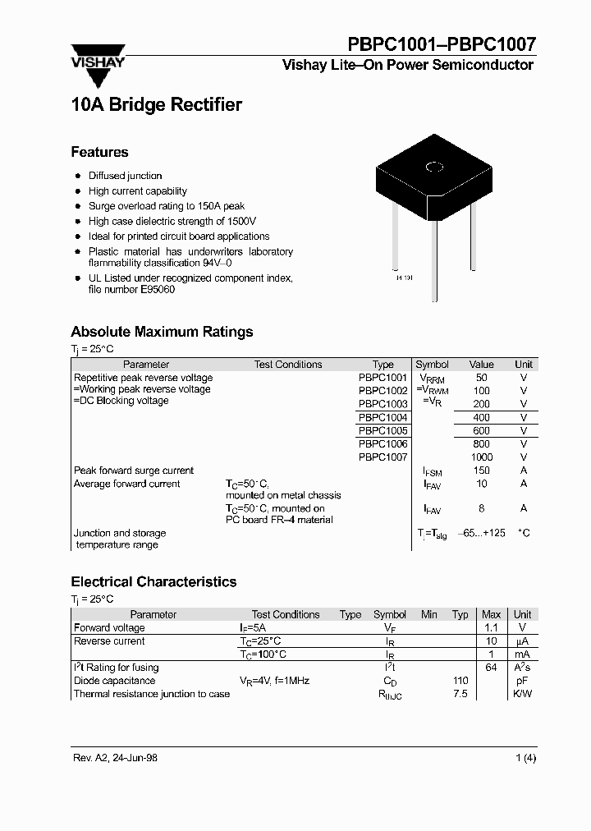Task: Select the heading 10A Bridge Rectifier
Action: [x=156, y=105]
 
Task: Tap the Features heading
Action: [x=99, y=152]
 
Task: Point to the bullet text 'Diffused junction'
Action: [x=125, y=176]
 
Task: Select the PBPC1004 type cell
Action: [x=383, y=417]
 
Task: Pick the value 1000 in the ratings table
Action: [x=482, y=457]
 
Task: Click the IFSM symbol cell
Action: [x=432, y=471]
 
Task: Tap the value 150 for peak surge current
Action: [x=482, y=471]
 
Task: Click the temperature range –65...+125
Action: [x=482, y=533]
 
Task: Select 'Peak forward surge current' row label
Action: [x=134, y=471]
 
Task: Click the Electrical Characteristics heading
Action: [x=153, y=581]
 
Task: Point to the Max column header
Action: [x=491, y=614]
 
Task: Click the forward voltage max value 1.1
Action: [x=491, y=627]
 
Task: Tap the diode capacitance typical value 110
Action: [x=460, y=681]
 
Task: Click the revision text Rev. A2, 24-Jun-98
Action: [x=113, y=758]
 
